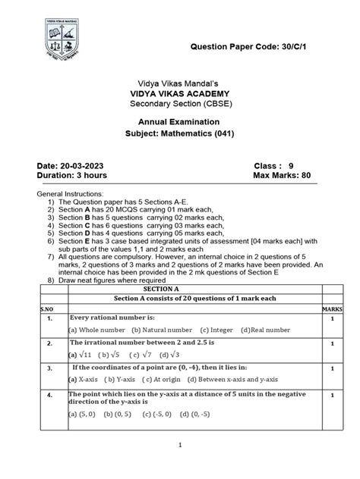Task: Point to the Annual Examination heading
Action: click(x=180, y=121)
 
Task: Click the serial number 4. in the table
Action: click(x=48, y=396)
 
